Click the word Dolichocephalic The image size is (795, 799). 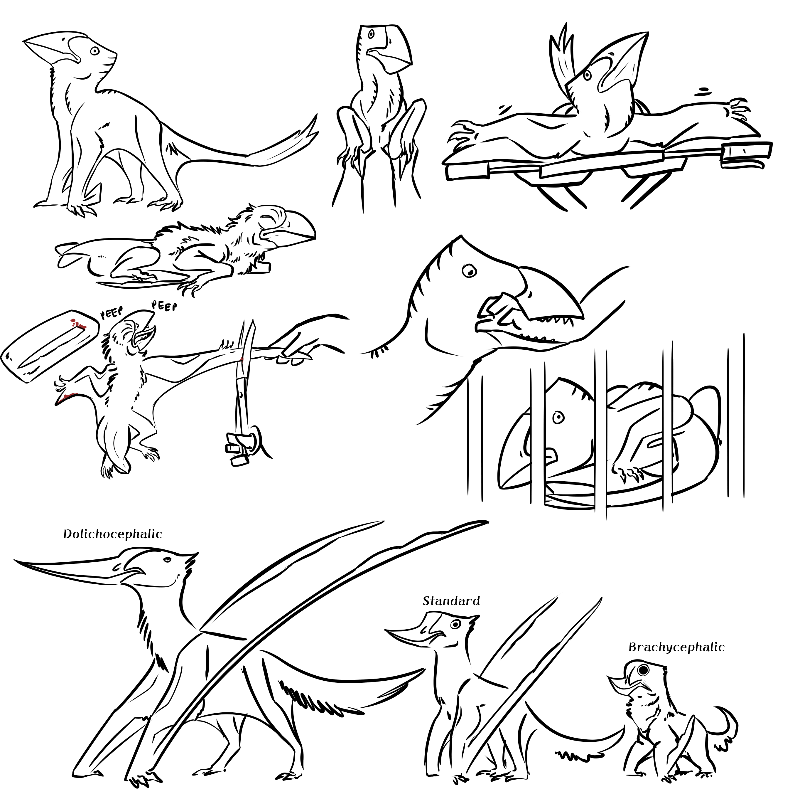coord(112,534)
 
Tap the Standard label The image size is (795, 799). coord(451,601)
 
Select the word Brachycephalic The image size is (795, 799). coord(676,647)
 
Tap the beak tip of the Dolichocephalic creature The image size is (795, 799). coord(16,561)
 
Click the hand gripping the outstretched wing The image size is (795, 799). coord(298,349)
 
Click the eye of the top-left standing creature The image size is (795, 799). coord(95,51)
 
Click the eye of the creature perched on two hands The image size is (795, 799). coord(371,33)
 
